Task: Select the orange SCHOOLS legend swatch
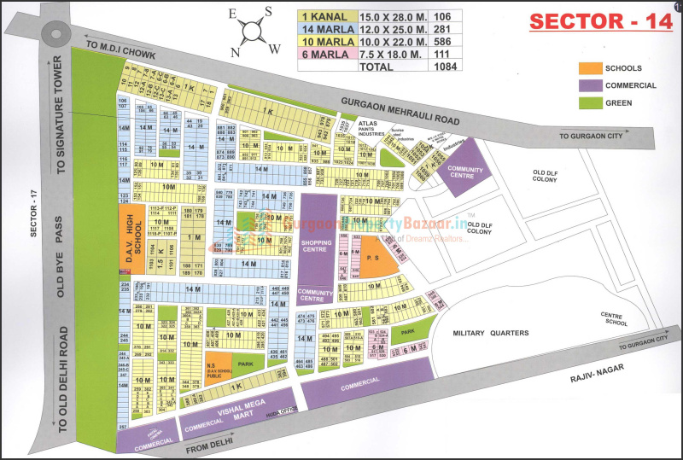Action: [590, 68]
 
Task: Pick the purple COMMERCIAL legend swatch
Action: [590, 85]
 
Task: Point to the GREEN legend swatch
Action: [590, 102]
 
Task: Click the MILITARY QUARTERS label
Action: [491, 333]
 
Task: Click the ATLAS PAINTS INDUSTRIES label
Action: [372, 128]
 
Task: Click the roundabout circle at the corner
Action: [55, 34]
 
